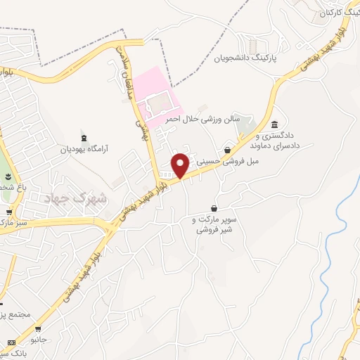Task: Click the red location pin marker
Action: pyautogui.click(x=181, y=165)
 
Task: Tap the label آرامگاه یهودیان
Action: pyautogui.click(x=86, y=149)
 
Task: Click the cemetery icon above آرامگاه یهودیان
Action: pyautogui.click(x=85, y=137)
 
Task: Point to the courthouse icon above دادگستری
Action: pyautogui.click(x=274, y=124)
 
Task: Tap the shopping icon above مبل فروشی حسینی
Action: pyautogui.click(x=227, y=149)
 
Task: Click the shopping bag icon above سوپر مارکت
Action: pyautogui.click(x=214, y=208)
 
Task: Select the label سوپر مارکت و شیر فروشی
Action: pyautogui.click(x=214, y=224)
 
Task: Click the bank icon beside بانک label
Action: pyautogui.click(x=10, y=342)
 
